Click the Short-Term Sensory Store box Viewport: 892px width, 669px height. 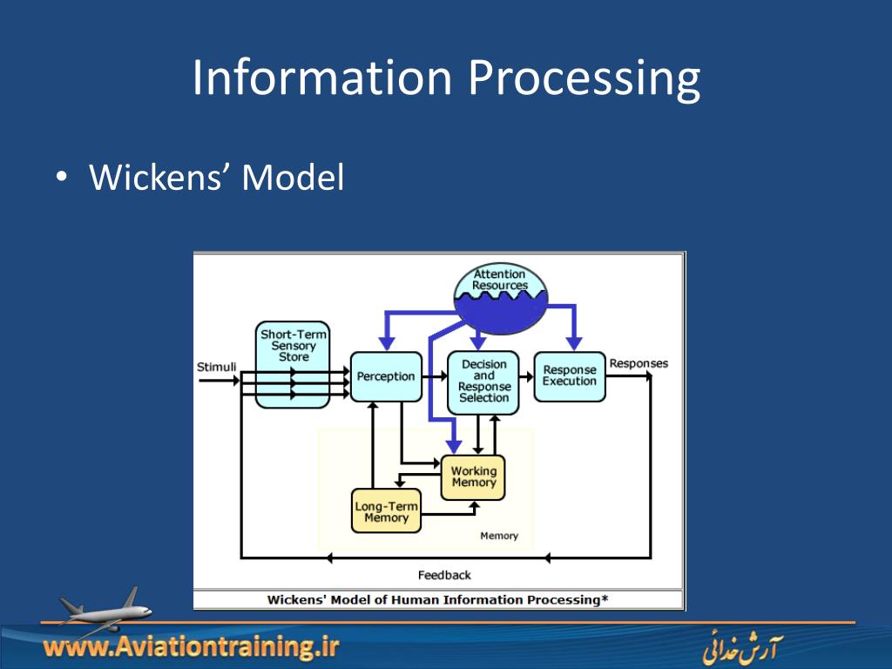pos(294,363)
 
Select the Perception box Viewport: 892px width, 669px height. pos(386,376)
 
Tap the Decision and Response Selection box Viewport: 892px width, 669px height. pos(483,382)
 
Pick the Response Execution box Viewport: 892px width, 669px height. pos(570,375)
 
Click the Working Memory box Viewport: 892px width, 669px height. pos(473,477)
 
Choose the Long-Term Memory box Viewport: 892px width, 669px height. pos(386,511)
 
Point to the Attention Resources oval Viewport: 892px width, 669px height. pos(500,291)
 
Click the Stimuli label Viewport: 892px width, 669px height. pos(217,367)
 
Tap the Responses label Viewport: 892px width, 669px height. pos(639,363)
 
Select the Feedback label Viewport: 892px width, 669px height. pos(444,575)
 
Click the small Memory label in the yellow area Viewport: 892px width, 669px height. pos(499,536)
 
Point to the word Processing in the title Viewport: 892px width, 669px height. pos(584,78)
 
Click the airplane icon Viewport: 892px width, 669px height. pos(103,611)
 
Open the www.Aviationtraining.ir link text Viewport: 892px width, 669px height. pos(191,647)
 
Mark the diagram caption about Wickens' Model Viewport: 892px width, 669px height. pos(437,599)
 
